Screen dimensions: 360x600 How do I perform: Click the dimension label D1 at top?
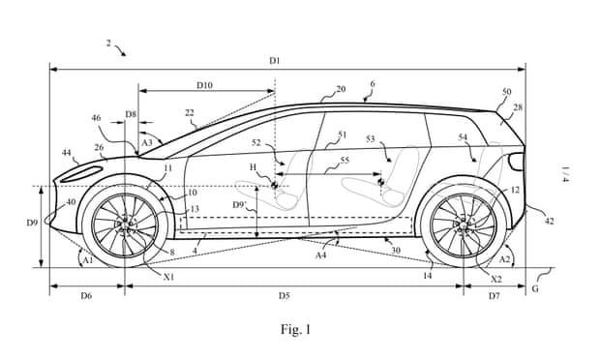[275, 61]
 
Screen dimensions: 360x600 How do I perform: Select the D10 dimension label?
[204, 85]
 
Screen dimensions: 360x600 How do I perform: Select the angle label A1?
[87, 258]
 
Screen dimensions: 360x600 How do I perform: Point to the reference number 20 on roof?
[341, 90]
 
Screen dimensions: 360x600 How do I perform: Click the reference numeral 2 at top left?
[107, 44]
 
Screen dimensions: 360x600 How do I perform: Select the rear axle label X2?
[495, 279]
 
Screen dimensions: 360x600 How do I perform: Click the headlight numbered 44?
[86, 171]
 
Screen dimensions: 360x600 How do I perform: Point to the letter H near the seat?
[255, 165]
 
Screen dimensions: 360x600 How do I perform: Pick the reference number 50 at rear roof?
[506, 92]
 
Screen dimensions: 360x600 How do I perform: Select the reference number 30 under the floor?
[394, 250]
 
